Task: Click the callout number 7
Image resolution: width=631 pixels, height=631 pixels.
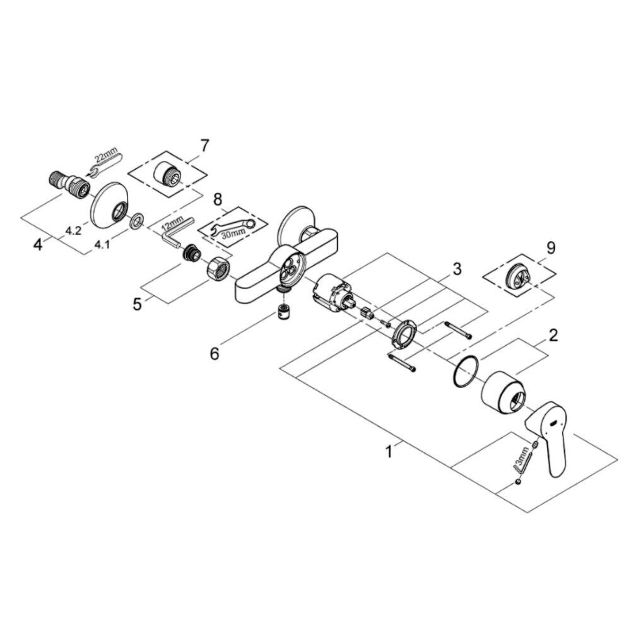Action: (205, 146)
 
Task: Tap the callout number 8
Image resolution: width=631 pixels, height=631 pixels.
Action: (217, 199)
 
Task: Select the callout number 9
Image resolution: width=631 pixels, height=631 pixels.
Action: (551, 247)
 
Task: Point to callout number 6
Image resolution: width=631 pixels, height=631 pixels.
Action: (215, 354)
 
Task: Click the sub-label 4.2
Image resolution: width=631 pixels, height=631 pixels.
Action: (74, 230)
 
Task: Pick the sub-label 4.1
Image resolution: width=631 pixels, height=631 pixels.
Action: (102, 244)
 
